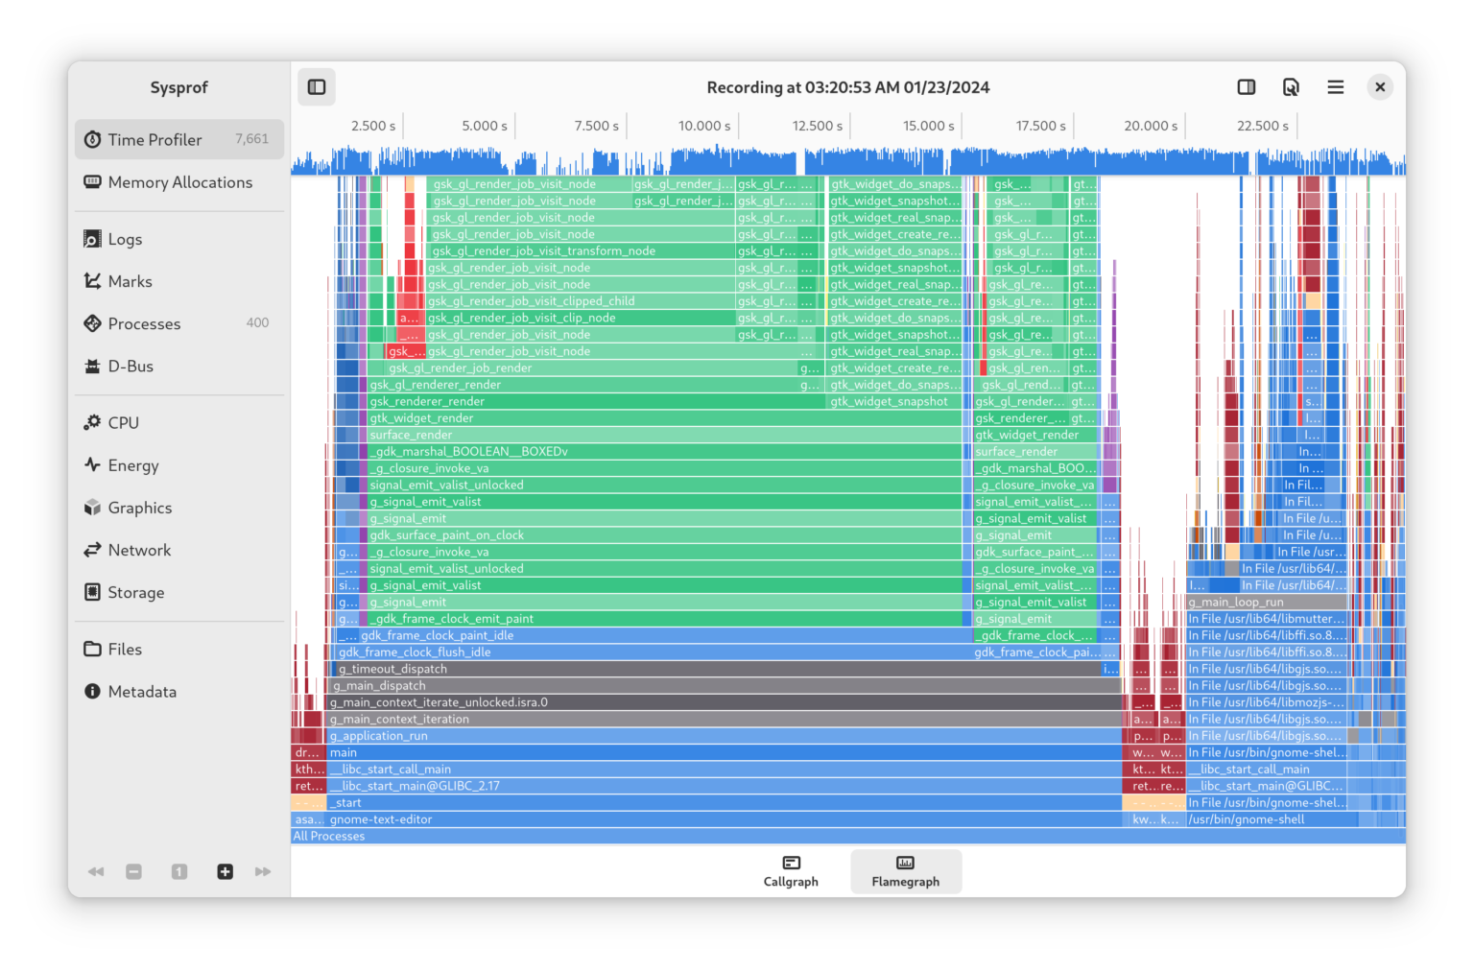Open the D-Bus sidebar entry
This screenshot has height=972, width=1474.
131,367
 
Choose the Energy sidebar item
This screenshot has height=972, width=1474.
132,465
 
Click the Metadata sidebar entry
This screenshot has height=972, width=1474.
141,692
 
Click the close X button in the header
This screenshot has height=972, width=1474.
1380,87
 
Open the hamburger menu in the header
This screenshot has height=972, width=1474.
1335,87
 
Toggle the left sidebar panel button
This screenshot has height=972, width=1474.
317,87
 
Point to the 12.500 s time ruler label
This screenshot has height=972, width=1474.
817,126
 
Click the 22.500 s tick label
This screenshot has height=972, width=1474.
1262,126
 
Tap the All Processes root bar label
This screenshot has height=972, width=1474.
329,837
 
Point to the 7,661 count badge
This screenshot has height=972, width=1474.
251,139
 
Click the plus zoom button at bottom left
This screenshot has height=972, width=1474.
225,871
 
